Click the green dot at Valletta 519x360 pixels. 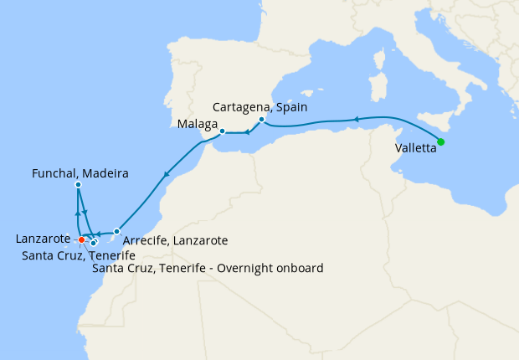click(441, 141)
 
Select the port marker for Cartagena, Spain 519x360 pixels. click(261, 119)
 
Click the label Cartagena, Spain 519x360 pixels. click(260, 107)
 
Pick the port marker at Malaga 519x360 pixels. click(222, 131)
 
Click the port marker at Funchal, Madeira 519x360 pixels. click(78, 184)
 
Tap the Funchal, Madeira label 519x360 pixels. click(80, 173)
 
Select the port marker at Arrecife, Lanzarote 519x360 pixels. click(116, 231)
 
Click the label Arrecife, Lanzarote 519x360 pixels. click(175, 240)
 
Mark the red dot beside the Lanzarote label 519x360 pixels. click(81, 240)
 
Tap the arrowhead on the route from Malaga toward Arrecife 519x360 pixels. click(167, 176)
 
